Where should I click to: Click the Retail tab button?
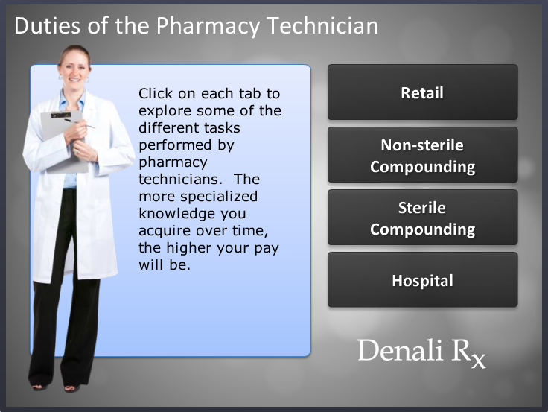coord(422,93)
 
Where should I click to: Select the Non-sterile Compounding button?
coord(422,155)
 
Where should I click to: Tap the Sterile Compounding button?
coord(422,218)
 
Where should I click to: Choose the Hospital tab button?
coord(422,281)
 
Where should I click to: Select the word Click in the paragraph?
coord(155,94)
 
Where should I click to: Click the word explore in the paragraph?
coord(165,111)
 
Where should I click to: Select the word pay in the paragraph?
coord(268,248)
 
